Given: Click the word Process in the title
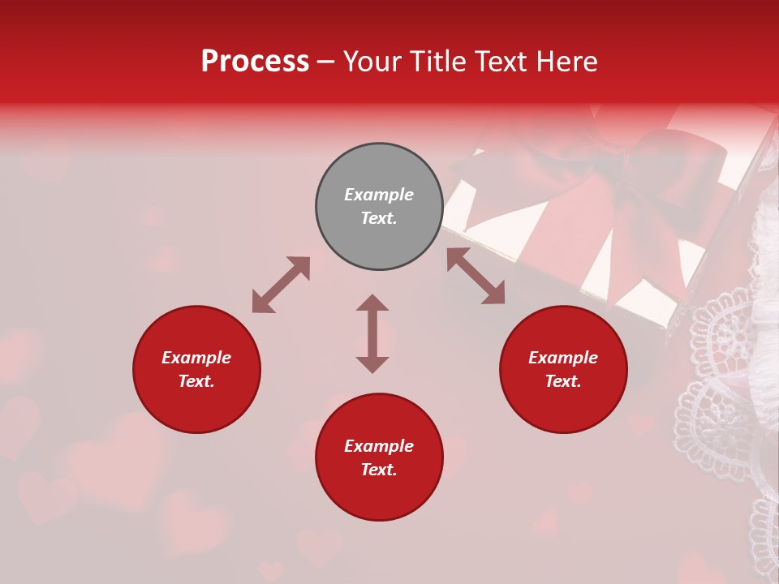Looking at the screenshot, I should (255, 62).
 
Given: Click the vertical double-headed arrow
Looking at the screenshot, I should (372, 333).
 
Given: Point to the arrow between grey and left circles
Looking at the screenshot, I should (281, 285).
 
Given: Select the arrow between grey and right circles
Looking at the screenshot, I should (476, 277).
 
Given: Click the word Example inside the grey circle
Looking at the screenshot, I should (379, 195).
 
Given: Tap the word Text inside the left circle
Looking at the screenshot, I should (196, 381).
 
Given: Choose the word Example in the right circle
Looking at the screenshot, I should (563, 358).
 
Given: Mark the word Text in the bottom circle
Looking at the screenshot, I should (379, 470).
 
